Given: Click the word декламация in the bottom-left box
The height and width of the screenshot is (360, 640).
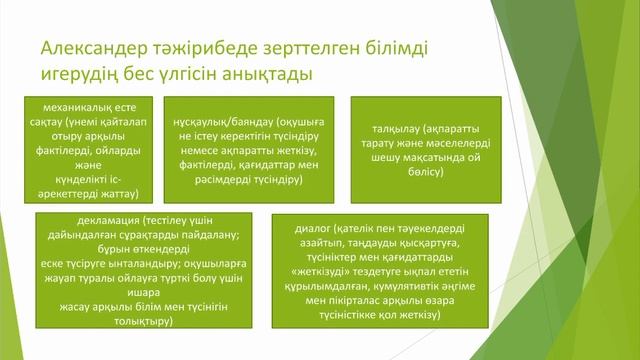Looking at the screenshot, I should (x=107, y=219).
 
